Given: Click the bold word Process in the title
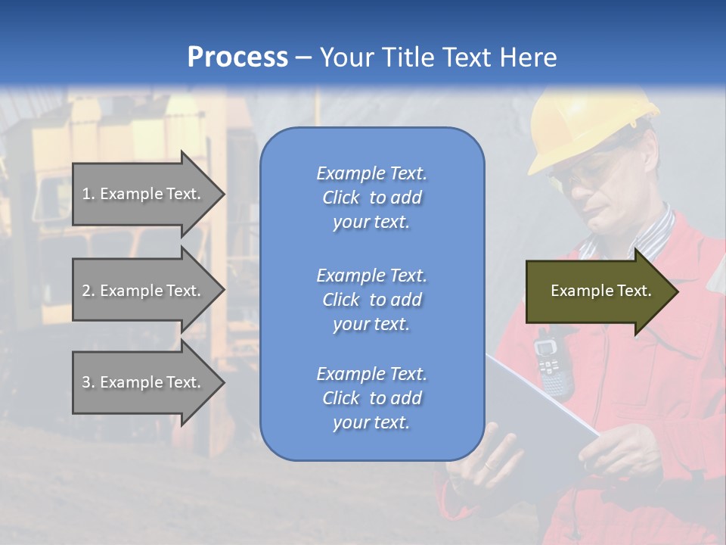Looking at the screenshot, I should coord(237,58).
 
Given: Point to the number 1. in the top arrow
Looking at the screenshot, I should coord(88,194).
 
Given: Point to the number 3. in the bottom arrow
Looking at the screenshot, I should coord(88,382).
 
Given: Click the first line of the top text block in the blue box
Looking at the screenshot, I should coord(371,173).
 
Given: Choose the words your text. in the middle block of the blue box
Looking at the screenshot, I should coord(371,324).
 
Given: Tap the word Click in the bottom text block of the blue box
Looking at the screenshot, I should coord(341,398).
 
